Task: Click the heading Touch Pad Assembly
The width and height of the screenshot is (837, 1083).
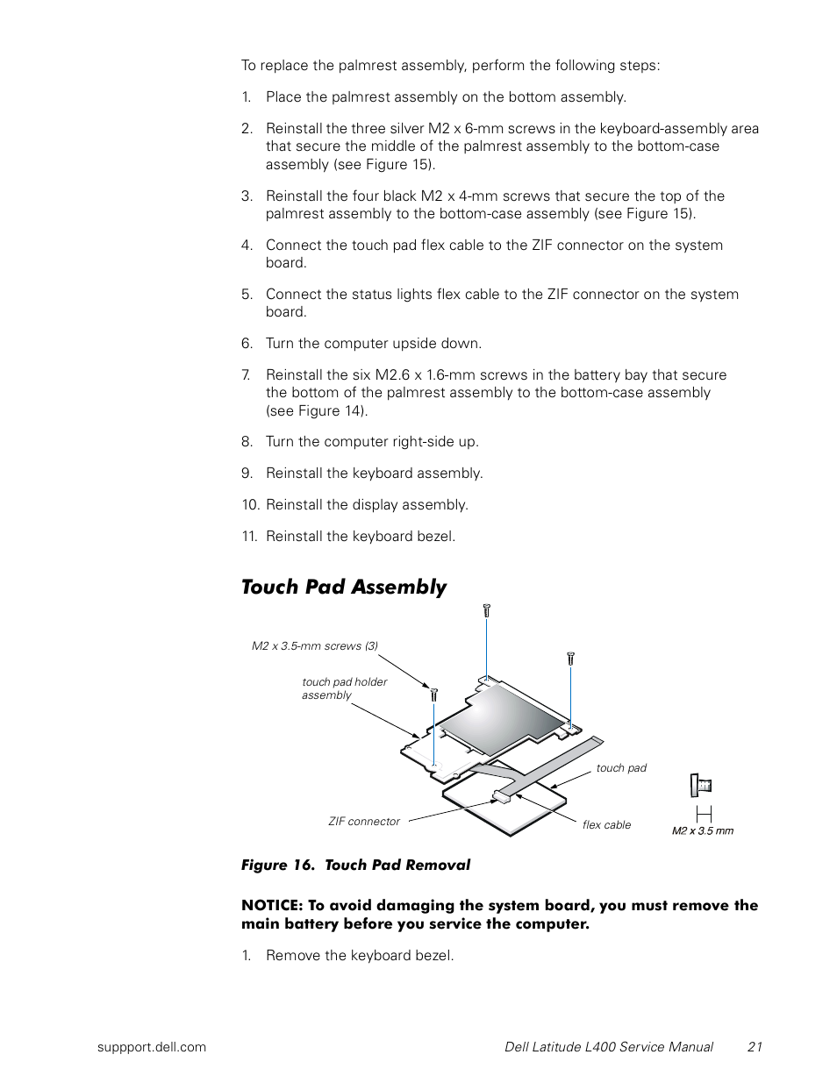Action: pos(343,587)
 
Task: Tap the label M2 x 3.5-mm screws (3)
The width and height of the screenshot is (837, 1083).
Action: pos(314,646)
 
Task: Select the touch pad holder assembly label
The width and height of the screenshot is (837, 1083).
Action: pos(344,688)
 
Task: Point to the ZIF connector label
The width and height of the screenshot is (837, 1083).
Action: pos(363,822)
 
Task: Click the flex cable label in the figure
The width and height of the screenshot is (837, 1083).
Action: pos(606,825)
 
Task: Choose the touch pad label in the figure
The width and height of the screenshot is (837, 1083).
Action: pos(621,768)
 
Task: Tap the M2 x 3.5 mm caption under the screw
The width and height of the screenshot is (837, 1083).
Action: pos(702,831)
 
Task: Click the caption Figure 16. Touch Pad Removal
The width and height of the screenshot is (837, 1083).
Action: pos(355,865)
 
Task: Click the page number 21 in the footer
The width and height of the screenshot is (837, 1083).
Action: pos(755,1046)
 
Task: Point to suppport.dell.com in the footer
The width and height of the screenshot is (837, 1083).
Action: pos(152,1046)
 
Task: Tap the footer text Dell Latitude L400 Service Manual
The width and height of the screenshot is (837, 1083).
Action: pos(609,1046)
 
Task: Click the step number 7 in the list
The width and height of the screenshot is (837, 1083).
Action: pos(247,375)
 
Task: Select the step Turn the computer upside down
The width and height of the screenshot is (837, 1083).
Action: pos(374,344)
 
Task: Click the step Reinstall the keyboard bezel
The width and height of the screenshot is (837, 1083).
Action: pos(361,537)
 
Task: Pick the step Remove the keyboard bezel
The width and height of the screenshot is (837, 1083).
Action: pos(360,956)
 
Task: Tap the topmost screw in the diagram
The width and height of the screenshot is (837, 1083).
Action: pos(486,609)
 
